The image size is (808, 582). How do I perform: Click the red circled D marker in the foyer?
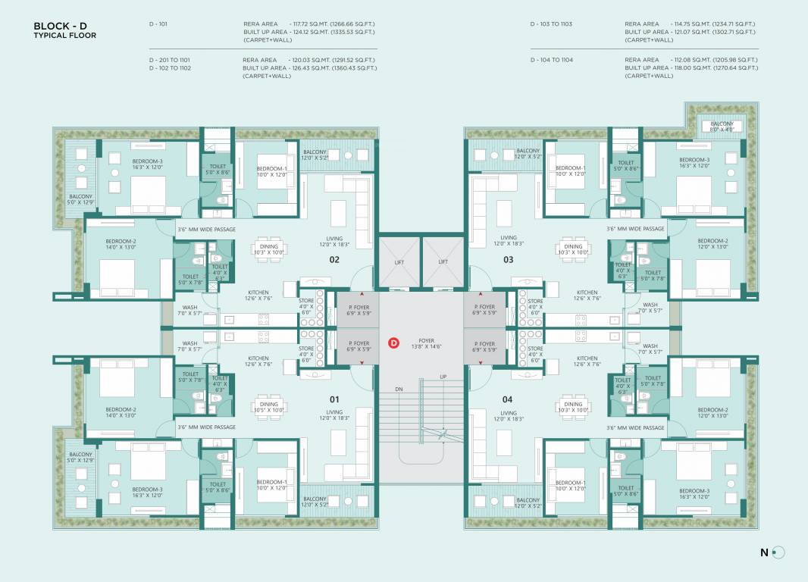point(393,343)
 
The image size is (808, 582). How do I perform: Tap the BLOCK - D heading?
point(55,27)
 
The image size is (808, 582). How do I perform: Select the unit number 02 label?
point(334,259)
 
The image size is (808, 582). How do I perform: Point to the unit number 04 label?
point(507,399)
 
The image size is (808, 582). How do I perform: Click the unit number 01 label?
point(334,399)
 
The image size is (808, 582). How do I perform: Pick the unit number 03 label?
point(508,259)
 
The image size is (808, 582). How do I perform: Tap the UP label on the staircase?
point(443,377)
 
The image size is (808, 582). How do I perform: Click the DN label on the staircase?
point(399,389)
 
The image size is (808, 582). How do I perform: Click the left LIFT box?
point(399,261)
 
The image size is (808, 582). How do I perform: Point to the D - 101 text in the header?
point(158,24)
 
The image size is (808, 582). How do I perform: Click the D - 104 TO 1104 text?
point(551,59)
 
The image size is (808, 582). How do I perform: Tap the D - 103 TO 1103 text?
point(551,24)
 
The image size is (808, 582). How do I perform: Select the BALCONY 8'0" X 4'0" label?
point(722,126)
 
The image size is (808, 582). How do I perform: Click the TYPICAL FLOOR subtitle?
point(65,36)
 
